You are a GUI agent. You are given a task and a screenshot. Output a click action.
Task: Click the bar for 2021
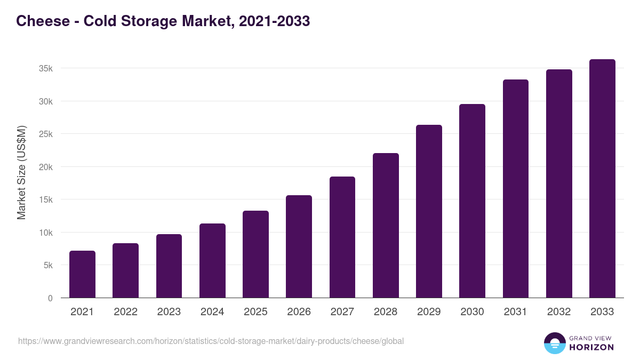[82, 274]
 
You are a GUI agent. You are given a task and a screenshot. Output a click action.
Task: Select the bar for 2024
[212, 261]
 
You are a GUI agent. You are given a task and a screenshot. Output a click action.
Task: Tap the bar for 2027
[342, 237]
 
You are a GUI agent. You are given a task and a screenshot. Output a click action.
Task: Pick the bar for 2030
[472, 201]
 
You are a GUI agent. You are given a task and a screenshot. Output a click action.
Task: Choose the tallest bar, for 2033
[602, 179]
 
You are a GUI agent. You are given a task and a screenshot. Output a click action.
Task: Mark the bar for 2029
[429, 211]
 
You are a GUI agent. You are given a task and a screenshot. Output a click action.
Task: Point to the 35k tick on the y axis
[45, 68]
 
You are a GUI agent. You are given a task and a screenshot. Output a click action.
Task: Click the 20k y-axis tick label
[45, 167]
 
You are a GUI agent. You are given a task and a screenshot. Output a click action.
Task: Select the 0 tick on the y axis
[50, 298]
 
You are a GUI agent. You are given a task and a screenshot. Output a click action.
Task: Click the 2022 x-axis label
[125, 312]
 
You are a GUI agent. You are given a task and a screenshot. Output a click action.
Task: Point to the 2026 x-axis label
[299, 312]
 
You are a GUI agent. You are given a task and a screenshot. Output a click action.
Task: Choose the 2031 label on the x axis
[516, 312]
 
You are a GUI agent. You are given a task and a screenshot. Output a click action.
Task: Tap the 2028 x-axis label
[386, 312]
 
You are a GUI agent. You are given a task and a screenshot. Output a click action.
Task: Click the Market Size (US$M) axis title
[21, 172]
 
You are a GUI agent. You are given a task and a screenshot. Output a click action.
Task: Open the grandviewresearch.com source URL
[211, 341]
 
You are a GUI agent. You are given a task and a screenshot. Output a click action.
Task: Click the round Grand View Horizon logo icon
[554, 343]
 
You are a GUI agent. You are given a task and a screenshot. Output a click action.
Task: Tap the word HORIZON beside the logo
[591, 347]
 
